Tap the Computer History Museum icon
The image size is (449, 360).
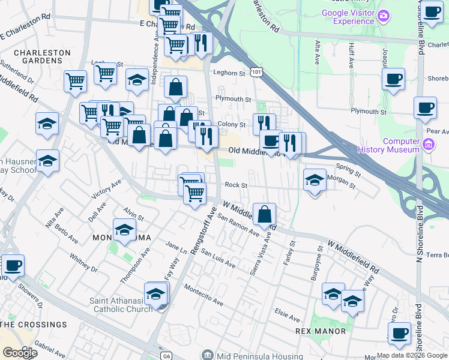click(428, 144)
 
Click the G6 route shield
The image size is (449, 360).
click(166, 356)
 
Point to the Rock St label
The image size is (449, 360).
click(236, 185)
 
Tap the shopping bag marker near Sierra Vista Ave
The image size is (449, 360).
click(264, 214)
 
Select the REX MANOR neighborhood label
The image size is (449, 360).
click(321, 331)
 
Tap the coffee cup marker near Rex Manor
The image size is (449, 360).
click(399, 334)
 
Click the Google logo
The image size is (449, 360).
click(20, 353)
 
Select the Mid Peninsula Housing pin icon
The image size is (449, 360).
click(207, 355)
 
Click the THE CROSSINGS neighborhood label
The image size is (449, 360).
click(34, 325)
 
